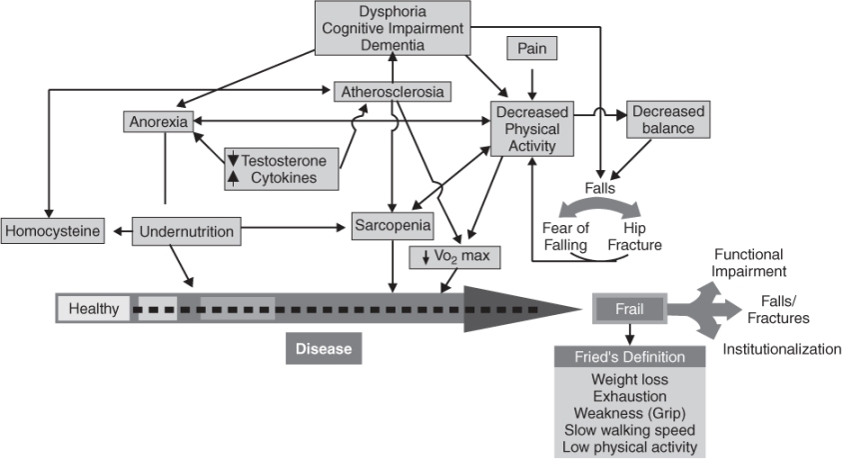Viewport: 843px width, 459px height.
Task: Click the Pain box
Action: (531, 48)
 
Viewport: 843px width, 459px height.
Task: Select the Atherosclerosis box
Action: (392, 92)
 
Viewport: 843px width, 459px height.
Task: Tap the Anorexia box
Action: (157, 122)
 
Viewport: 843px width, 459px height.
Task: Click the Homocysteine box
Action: (52, 232)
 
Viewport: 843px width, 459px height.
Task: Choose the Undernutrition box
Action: (187, 232)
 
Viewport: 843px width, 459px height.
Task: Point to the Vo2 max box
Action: (455, 257)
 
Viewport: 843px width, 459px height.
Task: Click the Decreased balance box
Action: (666, 120)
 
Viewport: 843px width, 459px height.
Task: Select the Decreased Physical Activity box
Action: (531, 128)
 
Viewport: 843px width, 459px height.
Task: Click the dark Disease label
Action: (323, 349)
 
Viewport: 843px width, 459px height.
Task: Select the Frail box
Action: (627, 310)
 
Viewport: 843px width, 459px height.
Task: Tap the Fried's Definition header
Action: (629, 357)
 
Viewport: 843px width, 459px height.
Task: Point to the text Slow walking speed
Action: (629, 431)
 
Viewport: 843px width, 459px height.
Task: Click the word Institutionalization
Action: (782, 349)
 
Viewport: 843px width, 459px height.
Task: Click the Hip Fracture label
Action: (636, 236)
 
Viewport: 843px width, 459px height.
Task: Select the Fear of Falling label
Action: (564, 236)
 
